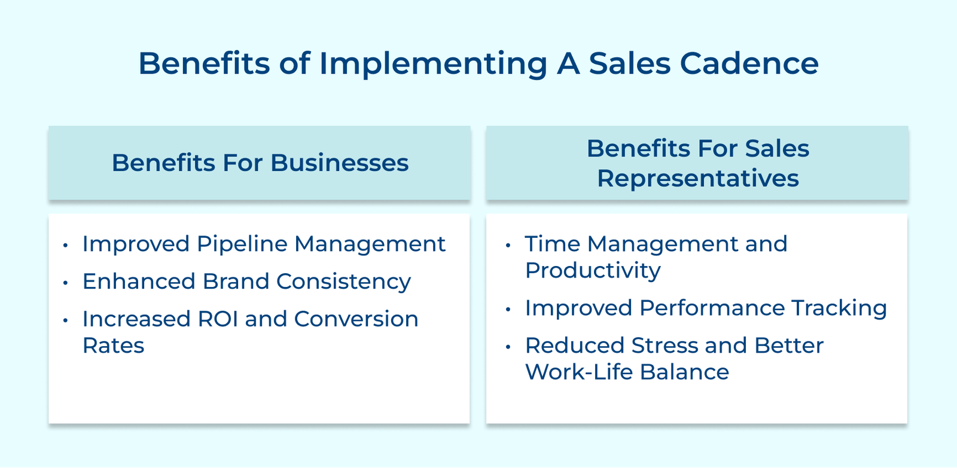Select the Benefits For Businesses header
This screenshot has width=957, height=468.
click(x=260, y=163)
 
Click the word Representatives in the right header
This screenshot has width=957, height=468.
click(x=697, y=178)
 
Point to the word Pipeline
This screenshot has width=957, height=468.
click(x=242, y=244)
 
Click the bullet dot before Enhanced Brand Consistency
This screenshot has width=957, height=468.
click(x=65, y=282)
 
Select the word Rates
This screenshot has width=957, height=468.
click(x=113, y=345)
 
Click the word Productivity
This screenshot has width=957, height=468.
click(x=593, y=271)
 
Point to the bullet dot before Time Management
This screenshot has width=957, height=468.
click(x=508, y=244)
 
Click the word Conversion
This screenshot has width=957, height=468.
click(x=356, y=319)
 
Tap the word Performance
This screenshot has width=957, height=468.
click(x=712, y=308)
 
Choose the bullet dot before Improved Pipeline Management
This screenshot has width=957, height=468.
click(x=65, y=244)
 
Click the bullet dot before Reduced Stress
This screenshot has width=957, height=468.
click(x=508, y=346)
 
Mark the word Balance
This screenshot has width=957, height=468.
click(x=684, y=372)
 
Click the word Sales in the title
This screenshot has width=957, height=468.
click(x=629, y=63)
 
